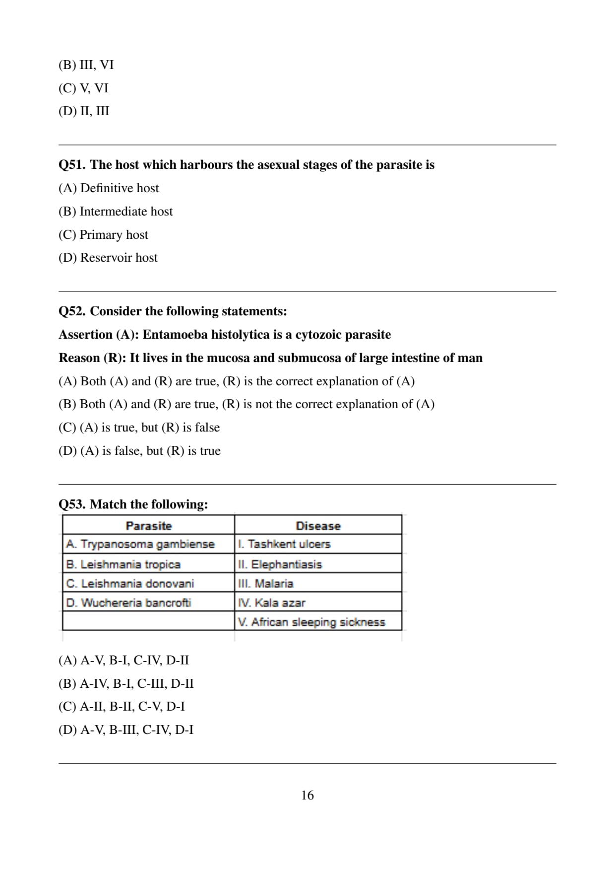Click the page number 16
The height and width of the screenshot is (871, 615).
(x=307, y=795)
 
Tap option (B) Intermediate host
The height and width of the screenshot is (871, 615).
(x=116, y=212)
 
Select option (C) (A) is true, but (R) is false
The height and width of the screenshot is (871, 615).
(x=139, y=428)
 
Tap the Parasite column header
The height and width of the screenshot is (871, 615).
(x=148, y=526)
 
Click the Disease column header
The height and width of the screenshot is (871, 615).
(x=318, y=526)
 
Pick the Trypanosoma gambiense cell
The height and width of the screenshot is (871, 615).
(x=140, y=544)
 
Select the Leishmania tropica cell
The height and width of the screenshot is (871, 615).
(x=123, y=564)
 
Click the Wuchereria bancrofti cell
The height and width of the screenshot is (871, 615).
(x=129, y=603)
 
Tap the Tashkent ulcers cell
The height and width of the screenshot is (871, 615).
(x=284, y=544)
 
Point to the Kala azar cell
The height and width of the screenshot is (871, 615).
(x=272, y=603)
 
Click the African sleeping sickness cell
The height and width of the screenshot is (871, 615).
(x=311, y=622)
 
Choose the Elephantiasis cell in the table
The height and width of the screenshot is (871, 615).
(x=280, y=564)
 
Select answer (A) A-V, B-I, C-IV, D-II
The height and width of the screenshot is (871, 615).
(x=123, y=660)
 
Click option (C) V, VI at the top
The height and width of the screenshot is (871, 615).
(x=83, y=88)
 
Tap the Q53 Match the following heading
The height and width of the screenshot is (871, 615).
(x=133, y=505)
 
